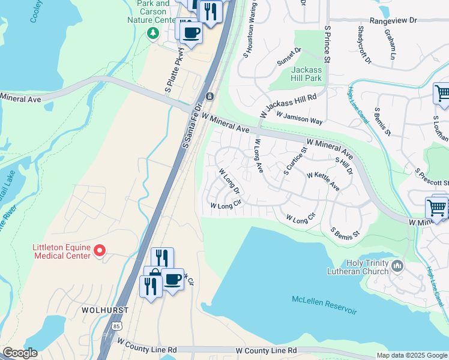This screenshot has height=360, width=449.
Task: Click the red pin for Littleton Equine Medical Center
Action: [100, 250]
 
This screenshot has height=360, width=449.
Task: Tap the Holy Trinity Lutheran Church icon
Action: [396, 265]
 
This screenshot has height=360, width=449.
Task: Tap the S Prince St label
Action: [327, 44]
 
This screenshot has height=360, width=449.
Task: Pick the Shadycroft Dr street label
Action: [364, 45]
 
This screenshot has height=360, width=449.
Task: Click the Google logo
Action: [20, 353]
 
